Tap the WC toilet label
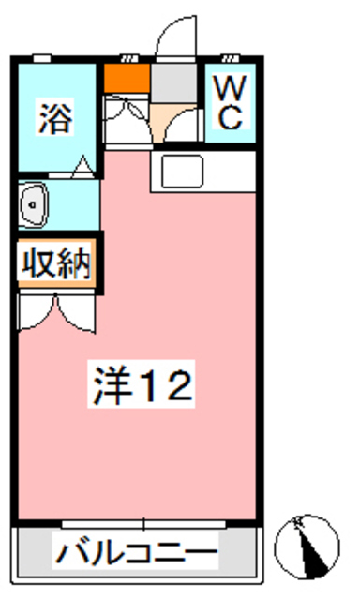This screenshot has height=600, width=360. (231, 103)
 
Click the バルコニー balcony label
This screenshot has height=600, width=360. (136, 552)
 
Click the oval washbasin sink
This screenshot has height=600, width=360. (36, 204)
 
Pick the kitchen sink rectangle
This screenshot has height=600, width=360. (183, 172)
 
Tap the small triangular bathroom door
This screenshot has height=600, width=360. (83, 169)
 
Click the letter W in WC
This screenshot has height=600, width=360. (231, 89)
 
